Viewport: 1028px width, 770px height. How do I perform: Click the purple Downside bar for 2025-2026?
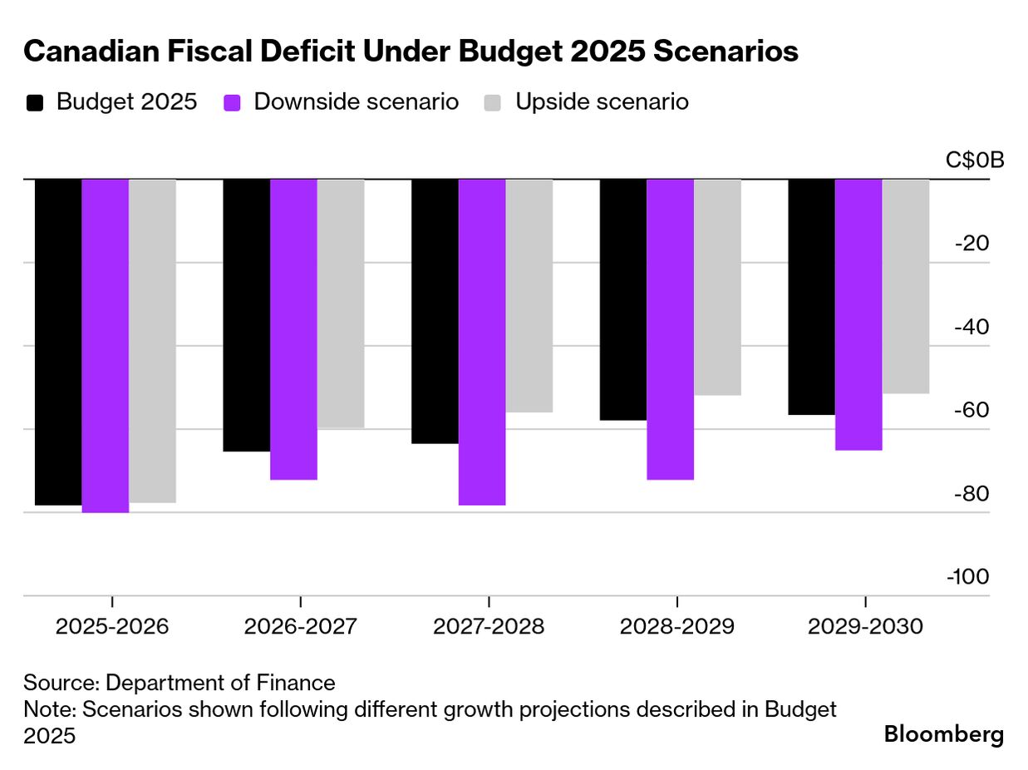(106, 345)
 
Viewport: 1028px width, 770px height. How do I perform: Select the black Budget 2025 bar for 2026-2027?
(247, 315)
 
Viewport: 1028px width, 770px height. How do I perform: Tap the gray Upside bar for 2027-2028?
(529, 295)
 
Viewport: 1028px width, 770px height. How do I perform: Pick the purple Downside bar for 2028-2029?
(670, 329)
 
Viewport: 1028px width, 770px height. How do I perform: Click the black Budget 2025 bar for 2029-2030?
(812, 297)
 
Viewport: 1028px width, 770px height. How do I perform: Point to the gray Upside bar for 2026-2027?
(341, 304)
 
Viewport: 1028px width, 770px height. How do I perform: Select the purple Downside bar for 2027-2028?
(482, 342)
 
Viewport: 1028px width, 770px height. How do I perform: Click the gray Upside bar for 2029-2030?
(906, 286)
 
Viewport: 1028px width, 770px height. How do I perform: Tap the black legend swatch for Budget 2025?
(36, 103)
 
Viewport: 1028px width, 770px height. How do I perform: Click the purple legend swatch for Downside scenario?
(233, 103)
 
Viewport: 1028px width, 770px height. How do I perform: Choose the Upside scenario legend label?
(602, 102)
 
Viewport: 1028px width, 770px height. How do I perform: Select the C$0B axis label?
(975, 160)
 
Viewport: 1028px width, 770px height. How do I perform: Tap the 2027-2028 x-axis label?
(489, 626)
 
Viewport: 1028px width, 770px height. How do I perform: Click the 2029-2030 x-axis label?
(866, 626)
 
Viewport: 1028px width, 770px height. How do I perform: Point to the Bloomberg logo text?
(944, 734)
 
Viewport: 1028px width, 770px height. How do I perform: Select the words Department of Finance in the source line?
(221, 684)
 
